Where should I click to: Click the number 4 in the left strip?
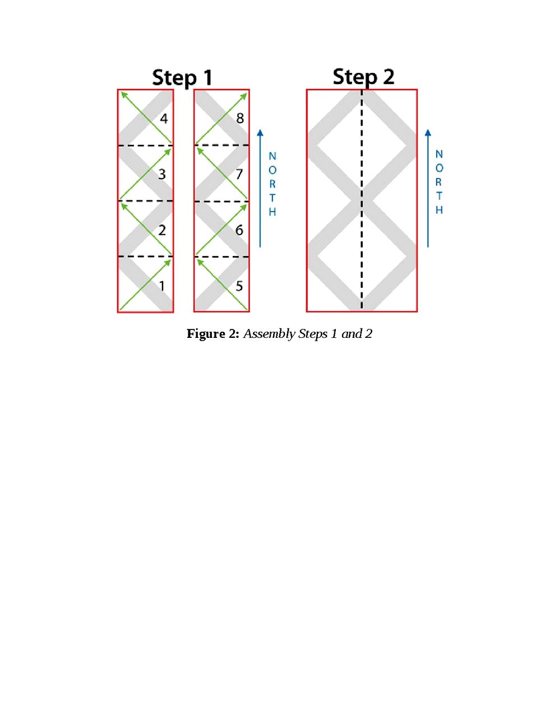click(x=164, y=118)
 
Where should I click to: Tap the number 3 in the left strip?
click(x=162, y=174)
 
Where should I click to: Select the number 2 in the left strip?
click(x=162, y=230)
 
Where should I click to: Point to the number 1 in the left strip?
click(x=162, y=286)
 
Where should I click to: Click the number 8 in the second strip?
click(x=240, y=118)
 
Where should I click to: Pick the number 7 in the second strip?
click(x=239, y=174)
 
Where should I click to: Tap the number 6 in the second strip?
click(x=239, y=230)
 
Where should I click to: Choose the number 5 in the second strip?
click(x=239, y=286)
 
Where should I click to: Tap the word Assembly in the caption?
click(x=269, y=334)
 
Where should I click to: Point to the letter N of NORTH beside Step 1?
click(x=272, y=156)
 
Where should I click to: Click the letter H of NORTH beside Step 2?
click(x=439, y=210)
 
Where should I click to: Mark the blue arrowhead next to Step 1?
click(x=260, y=132)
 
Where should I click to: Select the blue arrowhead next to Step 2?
click(x=428, y=132)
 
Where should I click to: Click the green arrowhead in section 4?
click(x=124, y=95)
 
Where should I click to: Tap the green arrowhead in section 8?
click(x=243, y=97)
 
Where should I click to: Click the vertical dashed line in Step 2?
click(x=362, y=200)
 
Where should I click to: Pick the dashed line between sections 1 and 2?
click(x=146, y=256)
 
